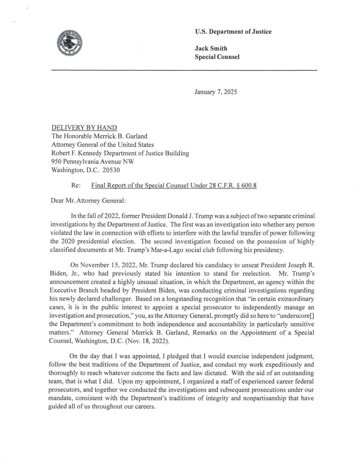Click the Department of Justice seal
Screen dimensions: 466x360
pyautogui.click(x=70, y=43)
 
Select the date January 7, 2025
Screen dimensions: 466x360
pyautogui.click(x=216, y=92)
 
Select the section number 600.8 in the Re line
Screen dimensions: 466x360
pyautogui.click(x=249, y=186)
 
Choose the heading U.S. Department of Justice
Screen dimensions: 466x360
pyautogui.click(x=233, y=32)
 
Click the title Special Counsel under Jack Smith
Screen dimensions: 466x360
pyautogui.click(x=217, y=57)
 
